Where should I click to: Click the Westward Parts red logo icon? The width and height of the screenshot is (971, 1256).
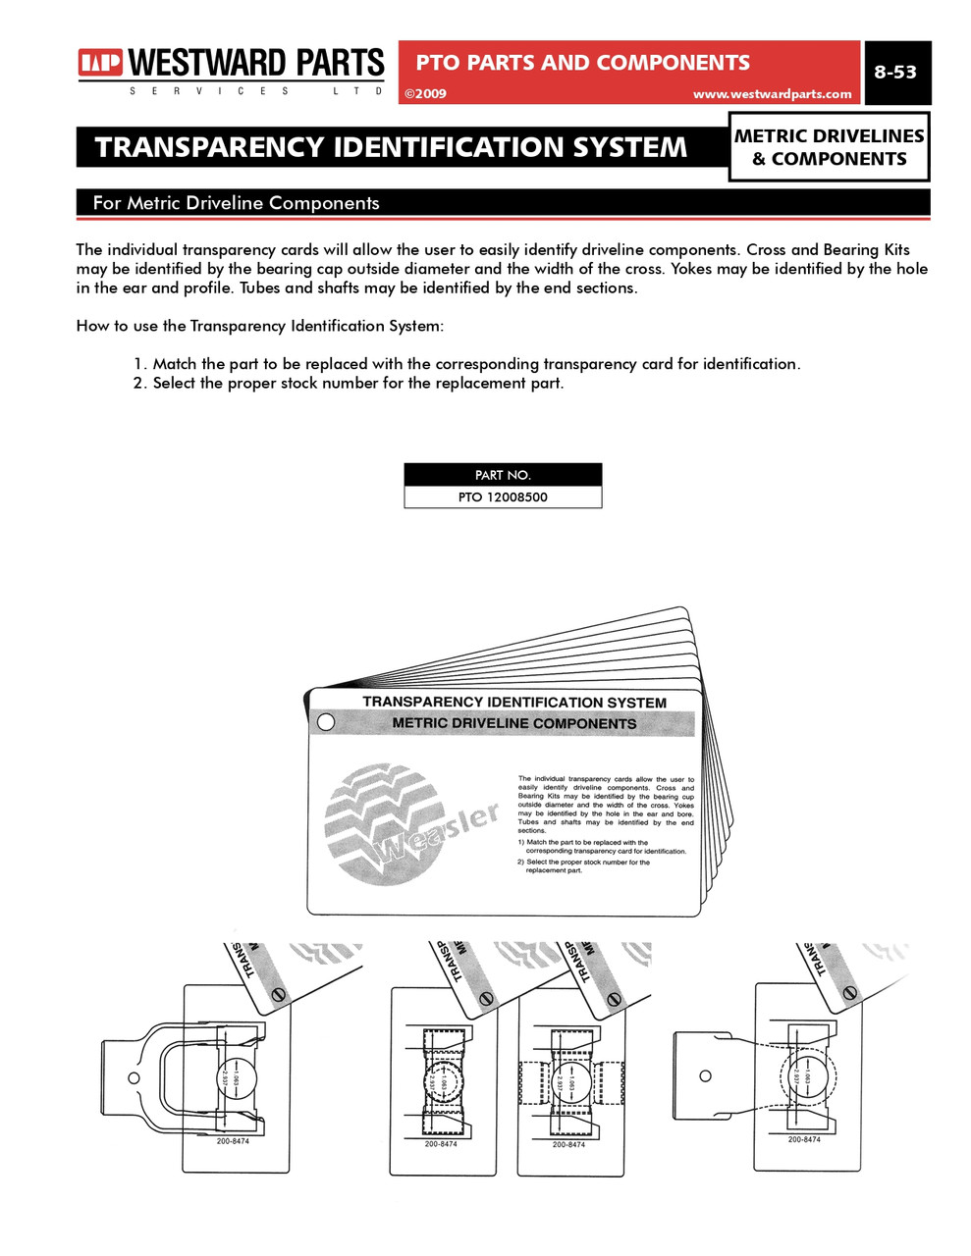pyautogui.click(x=100, y=64)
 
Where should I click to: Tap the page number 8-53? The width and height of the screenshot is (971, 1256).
pyautogui.click(x=895, y=72)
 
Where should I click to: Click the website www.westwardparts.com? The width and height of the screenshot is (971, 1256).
pyautogui.click(x=772, y=94)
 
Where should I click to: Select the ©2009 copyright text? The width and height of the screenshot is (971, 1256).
pyautogui.click(x=425, y=94)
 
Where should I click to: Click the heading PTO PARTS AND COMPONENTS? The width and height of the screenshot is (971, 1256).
pyautogui.click(x=582, y=63)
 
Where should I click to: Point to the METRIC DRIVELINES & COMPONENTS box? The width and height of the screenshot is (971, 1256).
pyautogui.click(x=830, y=147)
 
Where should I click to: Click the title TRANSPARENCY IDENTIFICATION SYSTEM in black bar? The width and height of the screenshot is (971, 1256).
pyautogui.click(x=391, y=147)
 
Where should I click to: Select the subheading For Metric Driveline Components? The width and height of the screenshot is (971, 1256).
pyautogui.click(x=236, y=203)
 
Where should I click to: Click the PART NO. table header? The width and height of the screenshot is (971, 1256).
pyautogui.click(x=503, y=475)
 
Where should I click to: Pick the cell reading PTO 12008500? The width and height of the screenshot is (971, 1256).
pyautogui.click(x=503, y=497)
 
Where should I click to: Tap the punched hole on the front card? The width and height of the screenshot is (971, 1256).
pyautogui.click(x=326, y=722)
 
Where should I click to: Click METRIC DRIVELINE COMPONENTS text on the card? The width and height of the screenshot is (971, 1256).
pyautogui.click(x=514, y=723)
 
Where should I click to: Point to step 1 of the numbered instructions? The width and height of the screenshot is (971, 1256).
pyautogui.click(x=467, y=364)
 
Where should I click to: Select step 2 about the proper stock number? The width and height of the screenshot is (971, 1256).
pyautogui.click(x=350, y=384)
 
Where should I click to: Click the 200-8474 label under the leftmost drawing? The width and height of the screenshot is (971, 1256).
pyautogui.click(x=233, y=1141)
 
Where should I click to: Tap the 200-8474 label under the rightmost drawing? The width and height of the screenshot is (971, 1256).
pyautogui.click(x=804, y=1139)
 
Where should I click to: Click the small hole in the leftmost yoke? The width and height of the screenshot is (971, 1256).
pyautogui.click(x=135, y=1078)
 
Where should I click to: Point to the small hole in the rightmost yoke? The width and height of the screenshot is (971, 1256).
pyautogui.click(x=705, y=1075)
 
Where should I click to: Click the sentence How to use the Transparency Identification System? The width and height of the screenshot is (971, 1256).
pyautogui.click(x=260, y=326)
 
